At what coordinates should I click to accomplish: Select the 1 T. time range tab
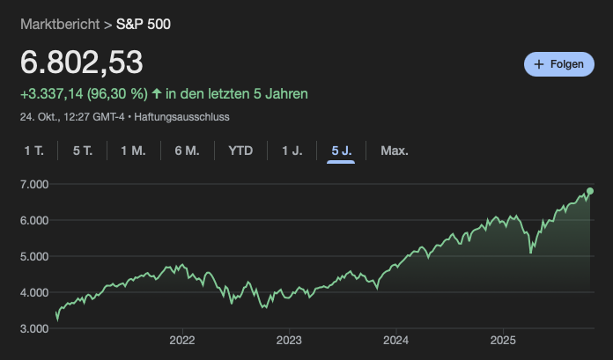coord(33,151)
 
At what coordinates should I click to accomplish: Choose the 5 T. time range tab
coord(83,151)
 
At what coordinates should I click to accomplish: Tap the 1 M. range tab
coord(133,151)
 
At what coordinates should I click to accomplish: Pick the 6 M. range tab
coord(187,151)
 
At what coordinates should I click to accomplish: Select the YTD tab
coord(240,151)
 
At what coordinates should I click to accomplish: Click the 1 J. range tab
coord(292,151)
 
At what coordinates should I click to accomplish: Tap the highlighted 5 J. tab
coord(341,151)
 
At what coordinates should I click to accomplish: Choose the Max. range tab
coord(394,151)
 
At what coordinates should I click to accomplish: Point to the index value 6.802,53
coord(81,62)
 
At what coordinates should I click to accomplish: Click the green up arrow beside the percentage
coord(157,93)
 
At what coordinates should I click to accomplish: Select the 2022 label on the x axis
coord(181,341)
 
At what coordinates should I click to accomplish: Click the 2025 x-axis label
coord(503,341)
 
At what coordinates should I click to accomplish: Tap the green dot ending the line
coord(590,191)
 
